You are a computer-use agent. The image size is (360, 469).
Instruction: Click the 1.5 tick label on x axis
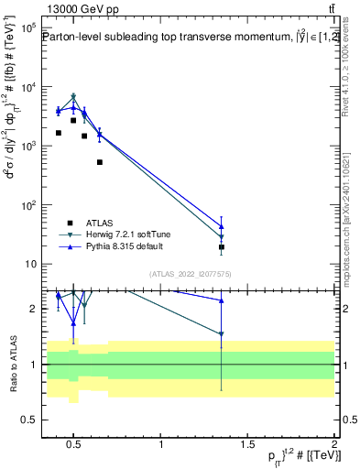248,446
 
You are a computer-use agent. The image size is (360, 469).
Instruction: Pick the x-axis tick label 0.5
76,446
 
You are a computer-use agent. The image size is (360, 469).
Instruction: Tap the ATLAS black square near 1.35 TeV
222,247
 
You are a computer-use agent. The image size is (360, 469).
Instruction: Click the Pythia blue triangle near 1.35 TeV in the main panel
222,226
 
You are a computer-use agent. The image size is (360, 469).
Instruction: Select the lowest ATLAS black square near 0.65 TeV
99,162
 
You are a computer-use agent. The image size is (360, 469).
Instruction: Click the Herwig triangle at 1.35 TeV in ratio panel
222,334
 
